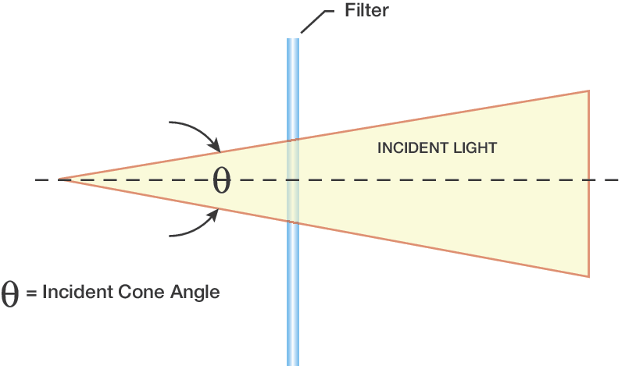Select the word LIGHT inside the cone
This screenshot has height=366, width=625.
[x=476, y=147]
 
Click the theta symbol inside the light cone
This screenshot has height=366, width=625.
[x=222, y=180]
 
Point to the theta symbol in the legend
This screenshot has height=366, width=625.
[x=11, y=294]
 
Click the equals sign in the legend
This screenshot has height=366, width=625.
[x=31, y=293]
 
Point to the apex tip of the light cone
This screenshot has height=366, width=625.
[x=59, y=180]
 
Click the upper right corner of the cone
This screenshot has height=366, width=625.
[x=587, y=91]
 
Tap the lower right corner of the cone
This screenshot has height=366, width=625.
[x=587, y=275]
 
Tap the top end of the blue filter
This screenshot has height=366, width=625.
[x=293, y=40]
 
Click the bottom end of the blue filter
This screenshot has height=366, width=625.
[x=293, y=363]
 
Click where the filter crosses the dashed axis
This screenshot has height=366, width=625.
[x=293, y=180]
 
